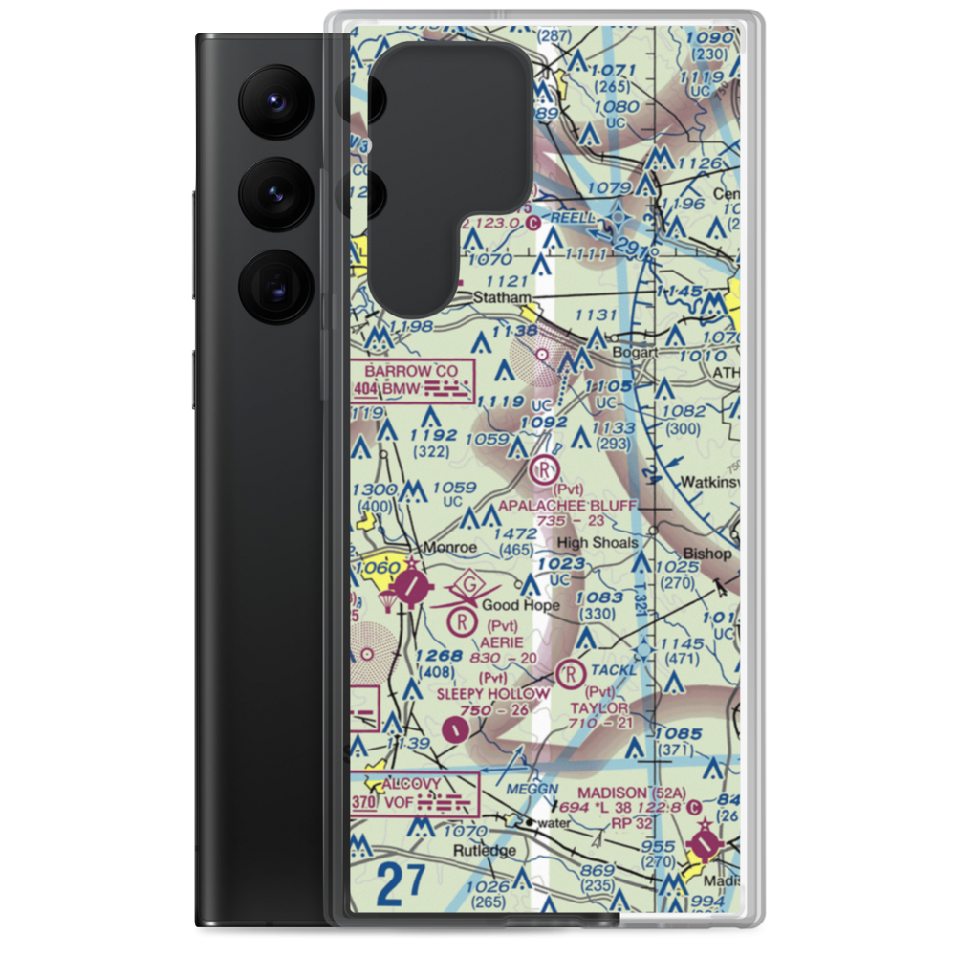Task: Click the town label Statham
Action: pos(503,298)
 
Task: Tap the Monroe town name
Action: pos(449,548)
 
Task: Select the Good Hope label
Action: pos(521,605)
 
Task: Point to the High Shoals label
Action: pos(597,542)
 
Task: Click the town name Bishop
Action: pos(706,554)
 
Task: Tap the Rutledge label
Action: pos(485,850)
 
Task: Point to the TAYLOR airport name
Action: pos(599,707)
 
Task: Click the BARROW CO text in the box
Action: pos(411,371)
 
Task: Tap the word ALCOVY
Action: pos(412,785)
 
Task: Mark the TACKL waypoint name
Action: pos(614,670)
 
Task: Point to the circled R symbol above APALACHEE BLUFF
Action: pos(544,469)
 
